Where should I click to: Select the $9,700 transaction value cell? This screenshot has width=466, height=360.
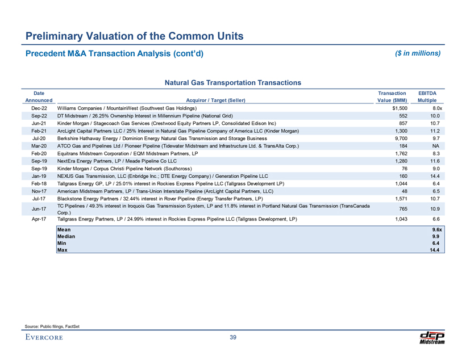[x=396, y=138]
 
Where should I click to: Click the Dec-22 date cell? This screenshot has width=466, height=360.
[x=40, y=107]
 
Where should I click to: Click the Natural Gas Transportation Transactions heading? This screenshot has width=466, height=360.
[x=233, y=83]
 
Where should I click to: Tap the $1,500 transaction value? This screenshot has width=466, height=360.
[x=394, y=107]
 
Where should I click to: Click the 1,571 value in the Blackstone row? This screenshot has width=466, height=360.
[x=396, y=199]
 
